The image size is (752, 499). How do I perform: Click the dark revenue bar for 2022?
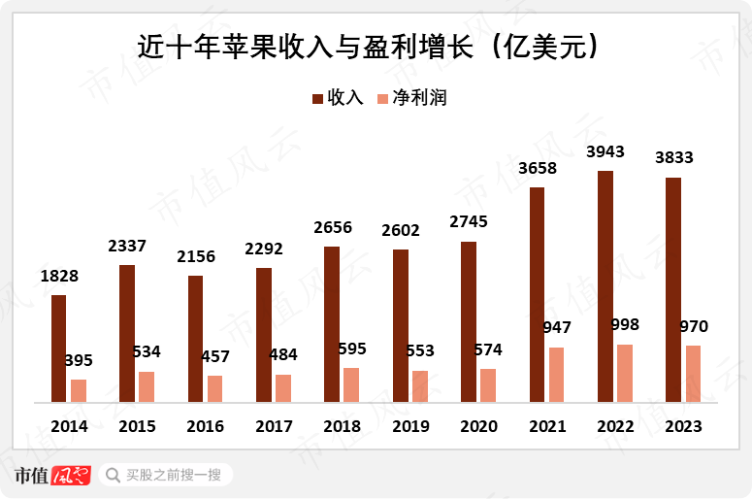[x=605, y=286]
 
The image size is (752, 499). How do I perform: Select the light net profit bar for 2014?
[x=79, y=390]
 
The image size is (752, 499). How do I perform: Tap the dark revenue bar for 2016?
[x=195, y=339]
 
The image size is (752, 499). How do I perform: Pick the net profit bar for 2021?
[x=556, y=374]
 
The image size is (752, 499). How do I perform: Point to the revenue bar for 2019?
[x=400, y=325]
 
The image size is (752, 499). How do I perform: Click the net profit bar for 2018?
[x=351, y=384]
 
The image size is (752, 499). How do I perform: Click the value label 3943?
[x=605, y=151]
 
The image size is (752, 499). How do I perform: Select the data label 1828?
[x=59, y=276]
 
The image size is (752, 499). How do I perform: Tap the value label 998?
[x=625, y=324]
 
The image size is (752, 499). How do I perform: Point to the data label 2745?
[x=469, y=221]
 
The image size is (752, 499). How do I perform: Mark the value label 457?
[x=214, y=355]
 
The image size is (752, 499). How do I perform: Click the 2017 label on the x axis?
[x=275, y=426]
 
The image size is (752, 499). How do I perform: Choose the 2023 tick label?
[x=683, y=426]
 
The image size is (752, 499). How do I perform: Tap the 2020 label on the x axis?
[x=478, y=426]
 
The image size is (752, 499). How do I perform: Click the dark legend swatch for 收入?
[x=317, y=98]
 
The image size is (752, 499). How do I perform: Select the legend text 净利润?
[x=419, y=98]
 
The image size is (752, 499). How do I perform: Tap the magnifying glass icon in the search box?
[x=112, y=475]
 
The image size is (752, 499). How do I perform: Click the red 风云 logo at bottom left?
[x=71, y=476]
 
